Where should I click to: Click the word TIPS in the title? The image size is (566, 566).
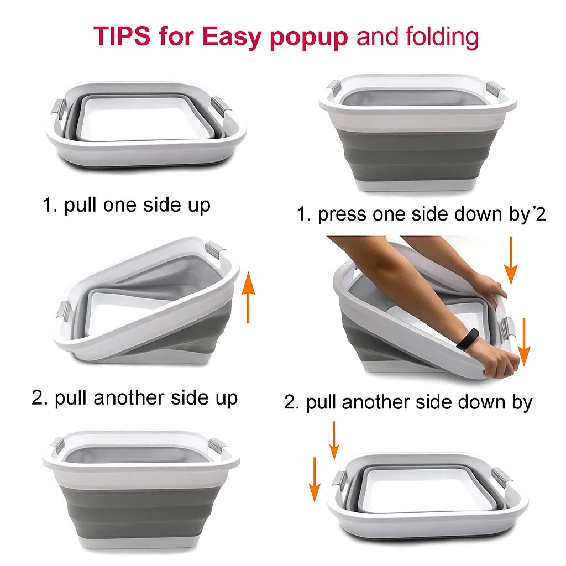tap(122, 36)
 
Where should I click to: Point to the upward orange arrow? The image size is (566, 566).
tap(248, 297)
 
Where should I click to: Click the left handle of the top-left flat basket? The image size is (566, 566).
tap(60, 111)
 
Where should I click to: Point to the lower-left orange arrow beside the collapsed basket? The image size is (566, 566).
tap(315, 479)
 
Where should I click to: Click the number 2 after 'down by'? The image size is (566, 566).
tap(541, 215)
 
